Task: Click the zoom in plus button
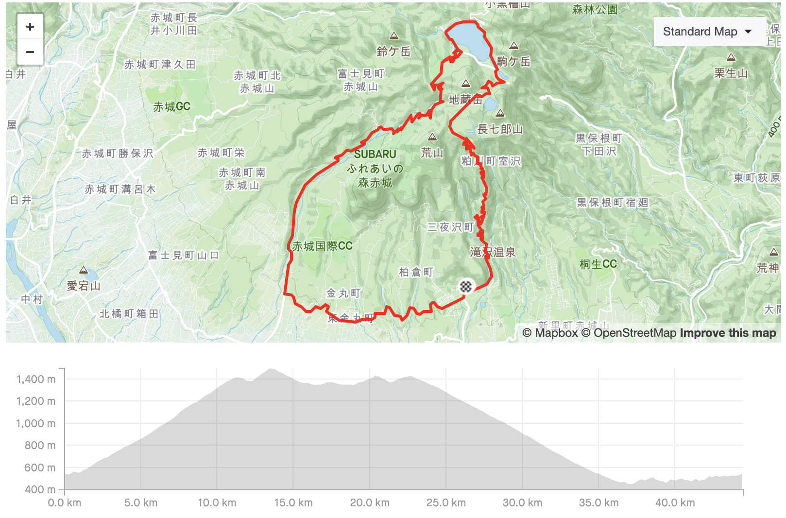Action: point(30,27)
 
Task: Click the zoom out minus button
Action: point(30,52)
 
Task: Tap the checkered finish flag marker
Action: point(465,286)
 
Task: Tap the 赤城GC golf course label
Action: point(171,107)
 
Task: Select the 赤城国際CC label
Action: point(322,246)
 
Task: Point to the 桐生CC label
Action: point(598,264)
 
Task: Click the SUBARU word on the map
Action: point(375,154)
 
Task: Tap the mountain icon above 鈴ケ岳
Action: point(394,36)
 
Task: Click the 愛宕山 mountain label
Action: point(84,286)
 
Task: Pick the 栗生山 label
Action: point(731,73)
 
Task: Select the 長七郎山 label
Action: point(500,129)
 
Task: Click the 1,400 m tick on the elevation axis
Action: point(36,379)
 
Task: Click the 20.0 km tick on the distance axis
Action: point(370,502)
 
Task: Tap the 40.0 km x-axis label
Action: point(675,502)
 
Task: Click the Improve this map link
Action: point(728,333)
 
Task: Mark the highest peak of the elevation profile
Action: point(270,369)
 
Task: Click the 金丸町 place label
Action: point(343,293)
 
